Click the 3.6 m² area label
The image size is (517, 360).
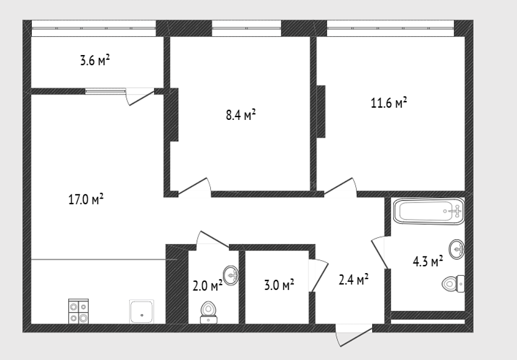[x=95, y=60]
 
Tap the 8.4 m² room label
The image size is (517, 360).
[x=241, y=115]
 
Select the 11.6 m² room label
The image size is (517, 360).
[x=389, y=103]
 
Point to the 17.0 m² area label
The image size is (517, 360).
[x=86, y=199]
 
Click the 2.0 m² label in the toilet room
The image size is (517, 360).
[x=207, y=286]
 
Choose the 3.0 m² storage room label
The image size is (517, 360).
[x=279, y=284]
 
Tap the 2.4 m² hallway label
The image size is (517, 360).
[x=353, y=280]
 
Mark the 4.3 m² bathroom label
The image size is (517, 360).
[x=428, y=262]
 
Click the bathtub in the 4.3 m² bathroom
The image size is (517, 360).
[x=428, y=211]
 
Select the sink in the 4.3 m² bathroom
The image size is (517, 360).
[x=456, y=249]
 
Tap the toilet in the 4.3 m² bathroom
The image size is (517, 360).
[x=453, y=283]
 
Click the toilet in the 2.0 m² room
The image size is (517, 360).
[x=209, y=313]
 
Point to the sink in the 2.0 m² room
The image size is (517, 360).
[x=231, y=275]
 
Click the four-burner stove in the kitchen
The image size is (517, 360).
[x=78, y=311]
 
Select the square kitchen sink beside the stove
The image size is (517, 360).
[x=142, y=311]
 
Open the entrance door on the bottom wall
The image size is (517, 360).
[x=353, y=335]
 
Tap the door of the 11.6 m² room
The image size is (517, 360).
[x=340, y=187]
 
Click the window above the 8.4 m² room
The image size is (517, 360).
[x=246, y=28]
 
